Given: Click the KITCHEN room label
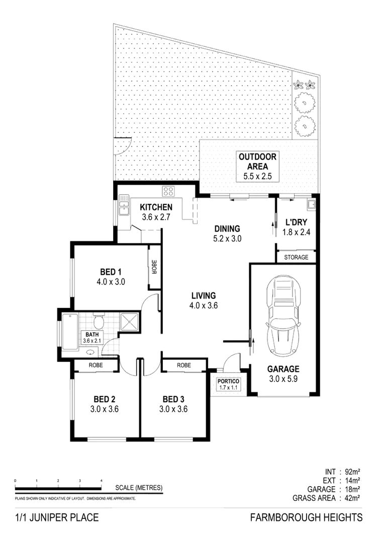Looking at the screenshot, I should tap(156, 207).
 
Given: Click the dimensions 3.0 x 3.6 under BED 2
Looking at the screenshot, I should tap(106, 409).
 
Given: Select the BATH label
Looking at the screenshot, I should tap(92, 334).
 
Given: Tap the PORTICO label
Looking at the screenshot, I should tap(228, 381).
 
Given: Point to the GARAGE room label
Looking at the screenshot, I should tap(284, 368).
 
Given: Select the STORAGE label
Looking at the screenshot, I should tap(297, 257).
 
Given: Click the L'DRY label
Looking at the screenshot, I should tap(296, 221).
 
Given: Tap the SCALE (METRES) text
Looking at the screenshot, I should tap(139, 488).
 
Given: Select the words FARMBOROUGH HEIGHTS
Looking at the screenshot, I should tap(306, 517).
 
